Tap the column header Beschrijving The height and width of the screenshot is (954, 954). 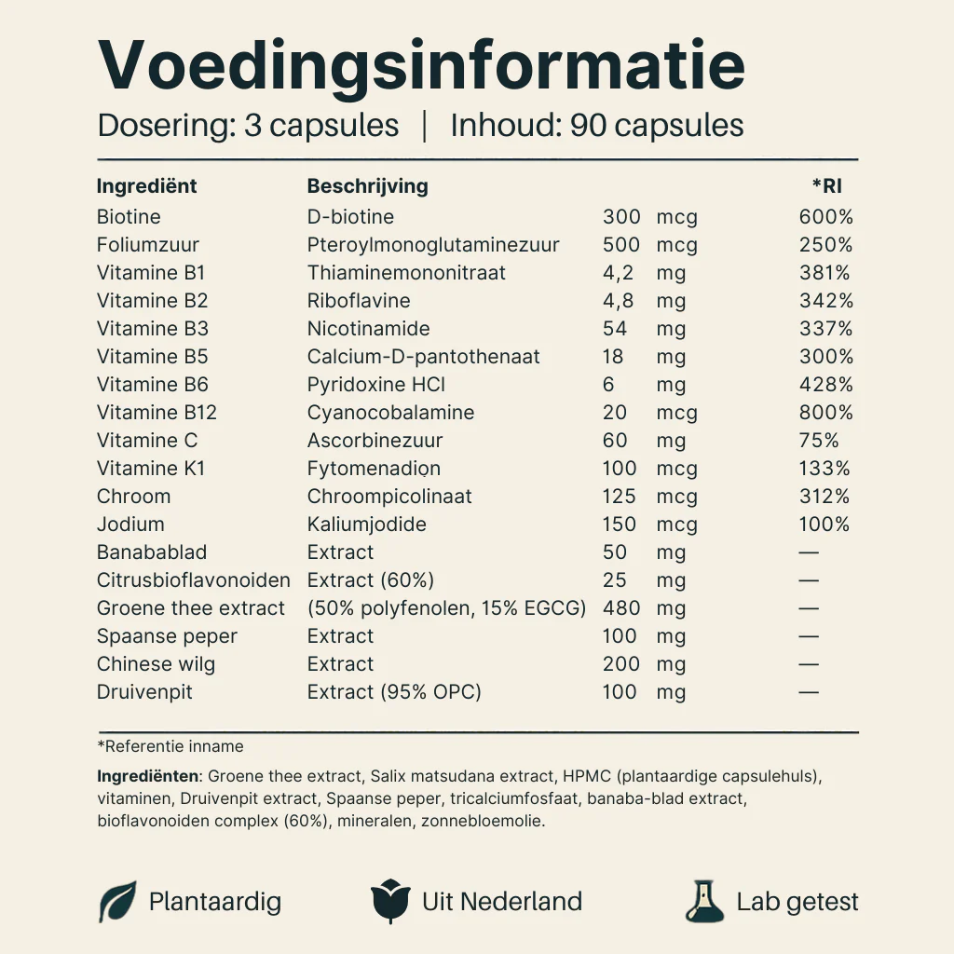click(367, 186)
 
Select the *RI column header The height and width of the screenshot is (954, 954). click(826, 186)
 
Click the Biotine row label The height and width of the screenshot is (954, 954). click(129, 217)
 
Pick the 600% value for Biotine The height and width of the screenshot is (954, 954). click(825, 217)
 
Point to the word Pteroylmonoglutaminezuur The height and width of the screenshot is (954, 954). click(433, 245)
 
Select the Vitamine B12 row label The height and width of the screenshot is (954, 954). click(157, 413)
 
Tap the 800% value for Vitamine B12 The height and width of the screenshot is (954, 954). click(825, 413)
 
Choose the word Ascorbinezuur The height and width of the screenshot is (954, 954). click(375, 441)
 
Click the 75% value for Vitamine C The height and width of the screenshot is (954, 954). click(819, 441)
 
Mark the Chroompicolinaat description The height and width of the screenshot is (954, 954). click(389, 497)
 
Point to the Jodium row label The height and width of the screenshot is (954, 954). click(130, 525)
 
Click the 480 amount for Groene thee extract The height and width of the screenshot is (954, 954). click(621, 608)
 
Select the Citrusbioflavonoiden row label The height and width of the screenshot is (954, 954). click(193, 580)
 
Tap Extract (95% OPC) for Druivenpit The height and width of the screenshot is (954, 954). click(394, 692)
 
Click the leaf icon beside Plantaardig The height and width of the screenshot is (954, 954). click(117, 901)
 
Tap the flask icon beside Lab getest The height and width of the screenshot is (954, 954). click(704, 901)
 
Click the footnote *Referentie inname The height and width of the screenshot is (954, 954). click(170, 746)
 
